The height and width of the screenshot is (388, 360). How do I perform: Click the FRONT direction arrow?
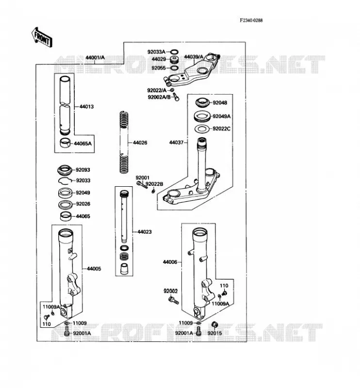click(42, 37)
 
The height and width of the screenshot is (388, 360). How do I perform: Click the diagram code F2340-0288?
click(251, 20)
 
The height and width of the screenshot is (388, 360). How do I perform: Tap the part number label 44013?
click(86, 107)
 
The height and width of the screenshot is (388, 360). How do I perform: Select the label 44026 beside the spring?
click(140, 143)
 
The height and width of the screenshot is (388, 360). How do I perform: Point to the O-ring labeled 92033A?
click(174, 52)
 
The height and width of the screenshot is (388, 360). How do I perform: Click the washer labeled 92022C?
click(202, 129)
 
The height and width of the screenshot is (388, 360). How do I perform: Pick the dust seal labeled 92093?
click(65, 170)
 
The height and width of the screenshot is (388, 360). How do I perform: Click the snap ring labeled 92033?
click(65, 181)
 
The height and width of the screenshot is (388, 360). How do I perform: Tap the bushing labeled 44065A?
click(65, 143)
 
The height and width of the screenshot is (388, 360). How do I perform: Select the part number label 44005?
click(94, 269)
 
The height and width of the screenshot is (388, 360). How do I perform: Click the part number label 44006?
click(170, 262)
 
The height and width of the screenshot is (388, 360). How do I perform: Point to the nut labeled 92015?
click(214, 324)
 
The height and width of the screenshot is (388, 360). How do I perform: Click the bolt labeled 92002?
click(173, 300)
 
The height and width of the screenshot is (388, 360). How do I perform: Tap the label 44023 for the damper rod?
click(145, 232)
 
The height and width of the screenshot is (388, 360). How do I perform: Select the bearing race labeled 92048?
click(202, 102)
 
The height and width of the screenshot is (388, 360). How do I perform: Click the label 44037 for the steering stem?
click(176, 143)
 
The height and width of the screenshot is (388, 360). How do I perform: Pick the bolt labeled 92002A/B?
click(176, 97)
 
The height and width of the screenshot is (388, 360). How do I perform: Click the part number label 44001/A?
click(95, 58)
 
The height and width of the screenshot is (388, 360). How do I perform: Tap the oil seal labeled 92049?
click(65, 193)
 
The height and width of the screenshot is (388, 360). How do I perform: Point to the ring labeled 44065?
click(65, 216)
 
